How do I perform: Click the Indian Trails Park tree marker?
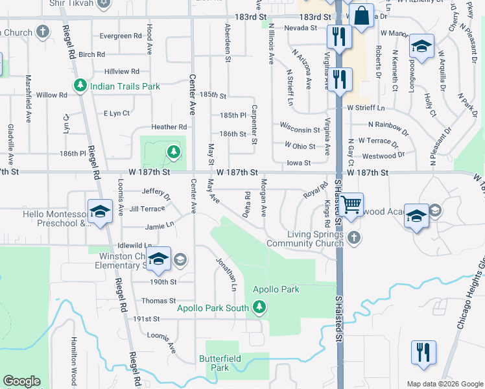pyautogui.click(x=81, y=86)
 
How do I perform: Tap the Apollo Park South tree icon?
pyautogui.click(x=259, y=307)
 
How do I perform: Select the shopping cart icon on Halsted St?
pyautogui.click(x=351, y=204)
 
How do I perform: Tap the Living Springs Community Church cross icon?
pyautogui.click(x=353, y=237)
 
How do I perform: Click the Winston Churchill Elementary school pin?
pyautogui.click(x=158, y=259)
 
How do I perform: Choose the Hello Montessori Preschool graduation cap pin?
pyautogui.click(x=100, y=212)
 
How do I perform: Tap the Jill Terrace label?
pyautogui.click(x=147, y=209)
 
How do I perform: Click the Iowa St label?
pyautogui.click(x=299, y=163)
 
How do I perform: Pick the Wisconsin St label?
pyautogui.click(x=300, y=123)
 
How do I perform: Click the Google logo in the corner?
pyautogui.click(x=21, y=381)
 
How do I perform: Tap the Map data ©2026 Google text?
pyautogui.click(x=445, y=384)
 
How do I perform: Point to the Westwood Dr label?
pyautogui.click(x=383, y=156)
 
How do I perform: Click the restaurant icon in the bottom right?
pyautogui.click(x=423, y=353)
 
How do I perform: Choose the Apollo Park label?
pyautogui.click(x=276, y=289)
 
